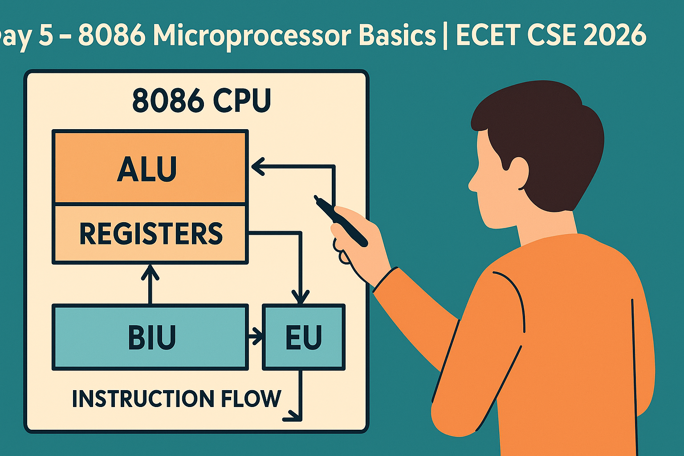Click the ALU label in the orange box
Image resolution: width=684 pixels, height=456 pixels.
tap(147, 170)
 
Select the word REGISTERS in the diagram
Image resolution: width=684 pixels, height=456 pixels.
tap(151, 234)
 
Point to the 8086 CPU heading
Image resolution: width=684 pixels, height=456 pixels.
tap(202, 101)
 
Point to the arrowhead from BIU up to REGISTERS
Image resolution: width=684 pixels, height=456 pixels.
tap(150, 273)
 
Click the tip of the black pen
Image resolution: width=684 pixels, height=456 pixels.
tap(315, 197)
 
